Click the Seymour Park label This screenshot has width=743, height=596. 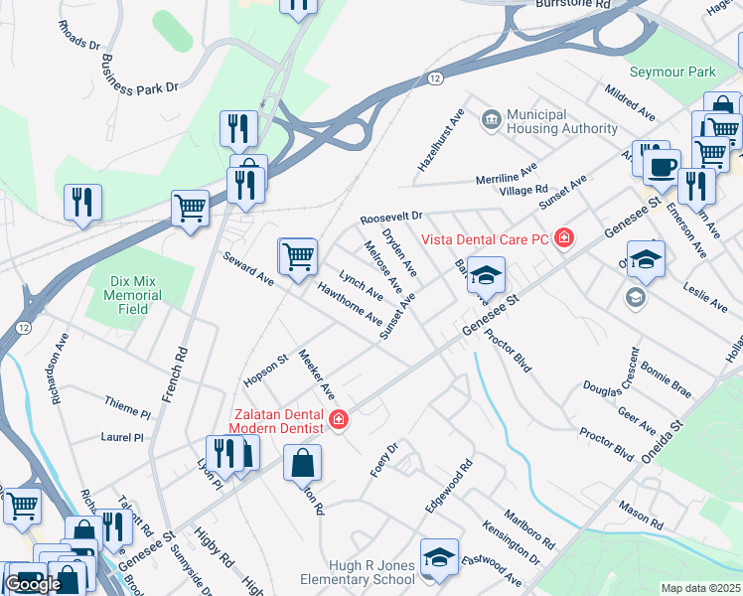pyautogui.click(x=672, y=73)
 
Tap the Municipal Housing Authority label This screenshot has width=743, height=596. pyautogui.click(x=562, y=122)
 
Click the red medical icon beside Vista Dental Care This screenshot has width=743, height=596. pyautogui.click(x=565, y=237)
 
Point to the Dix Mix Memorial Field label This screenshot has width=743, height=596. pyautogui.click(x=132, y=295)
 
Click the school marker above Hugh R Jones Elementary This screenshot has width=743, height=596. pyautogui.click(x=438, y=558)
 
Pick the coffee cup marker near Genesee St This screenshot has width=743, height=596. pyautogui.click(x=661, y=166)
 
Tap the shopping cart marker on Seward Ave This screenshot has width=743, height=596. pyautogui.click(x=298, y=257)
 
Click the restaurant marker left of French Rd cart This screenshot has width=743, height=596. pyautogui.click(x=82, y=202)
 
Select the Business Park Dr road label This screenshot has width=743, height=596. pyautogui.click(x=140, y=74)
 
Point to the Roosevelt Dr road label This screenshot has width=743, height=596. pyautogui.click(x=391, y=217)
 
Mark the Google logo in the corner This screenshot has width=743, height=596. pyautogui.click(x=32, y=584)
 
